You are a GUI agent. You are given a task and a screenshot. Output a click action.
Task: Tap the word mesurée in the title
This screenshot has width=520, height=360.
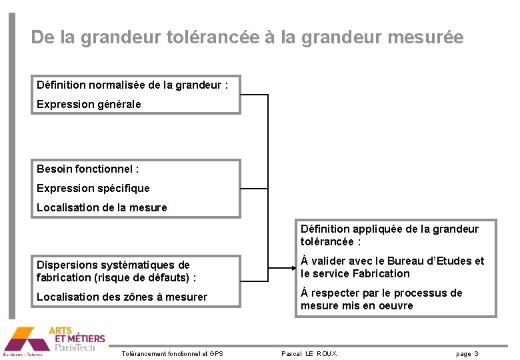(425, 37)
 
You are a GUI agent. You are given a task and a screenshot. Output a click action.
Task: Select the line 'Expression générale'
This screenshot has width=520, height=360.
(89, 104)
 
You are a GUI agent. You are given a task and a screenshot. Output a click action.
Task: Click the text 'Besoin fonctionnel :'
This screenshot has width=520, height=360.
(87, 169)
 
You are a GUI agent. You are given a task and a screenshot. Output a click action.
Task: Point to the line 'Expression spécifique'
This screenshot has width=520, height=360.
(93, 188)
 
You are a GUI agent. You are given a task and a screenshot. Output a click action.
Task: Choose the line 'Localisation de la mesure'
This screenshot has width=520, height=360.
(101, 207)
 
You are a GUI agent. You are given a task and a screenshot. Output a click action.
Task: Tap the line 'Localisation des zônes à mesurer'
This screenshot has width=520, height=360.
(121, 297)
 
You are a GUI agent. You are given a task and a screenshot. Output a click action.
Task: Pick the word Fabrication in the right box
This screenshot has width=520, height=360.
(381, 273)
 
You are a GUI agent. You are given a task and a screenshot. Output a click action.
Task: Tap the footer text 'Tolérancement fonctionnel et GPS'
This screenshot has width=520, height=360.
(172, 353)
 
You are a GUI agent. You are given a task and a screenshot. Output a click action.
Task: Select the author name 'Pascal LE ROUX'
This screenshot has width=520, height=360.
(309, 353)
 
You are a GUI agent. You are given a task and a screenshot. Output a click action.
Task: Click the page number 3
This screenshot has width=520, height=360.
(476, 353)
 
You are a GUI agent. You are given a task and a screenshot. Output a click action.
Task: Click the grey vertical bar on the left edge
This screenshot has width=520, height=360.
(11, 167)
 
